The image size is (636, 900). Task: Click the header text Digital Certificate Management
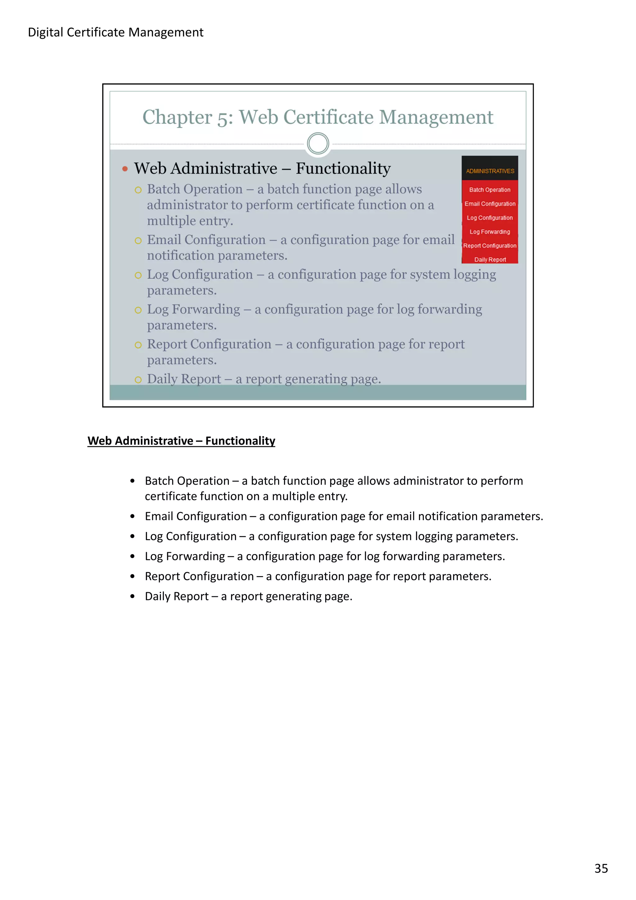pos(116,32)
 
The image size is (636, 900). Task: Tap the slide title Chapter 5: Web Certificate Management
pos(317,117)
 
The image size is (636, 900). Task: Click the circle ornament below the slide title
pos(318,143)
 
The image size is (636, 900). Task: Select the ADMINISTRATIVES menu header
pos(490,171)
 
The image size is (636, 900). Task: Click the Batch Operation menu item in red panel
pos(490,190)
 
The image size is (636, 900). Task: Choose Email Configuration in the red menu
pos(490,204)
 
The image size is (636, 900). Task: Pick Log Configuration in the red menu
pos(490,218)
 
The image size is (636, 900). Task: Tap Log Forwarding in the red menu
pos(490,232)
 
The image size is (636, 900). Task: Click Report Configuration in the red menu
pos(490,246)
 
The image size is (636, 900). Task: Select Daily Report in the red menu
pos(490,260)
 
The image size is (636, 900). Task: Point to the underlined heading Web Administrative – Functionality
pos(181,441)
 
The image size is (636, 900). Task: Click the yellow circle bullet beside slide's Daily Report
pos(138,380)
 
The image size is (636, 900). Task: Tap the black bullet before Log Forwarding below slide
pos(133,556)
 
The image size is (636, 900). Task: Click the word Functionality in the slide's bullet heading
pos(343,169)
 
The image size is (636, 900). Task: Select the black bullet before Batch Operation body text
pos(133,481)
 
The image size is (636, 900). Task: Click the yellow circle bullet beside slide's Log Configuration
pos(138,275)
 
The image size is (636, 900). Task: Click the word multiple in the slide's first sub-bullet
pos(171,221)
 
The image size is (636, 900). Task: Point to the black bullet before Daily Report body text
pos(133,597)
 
